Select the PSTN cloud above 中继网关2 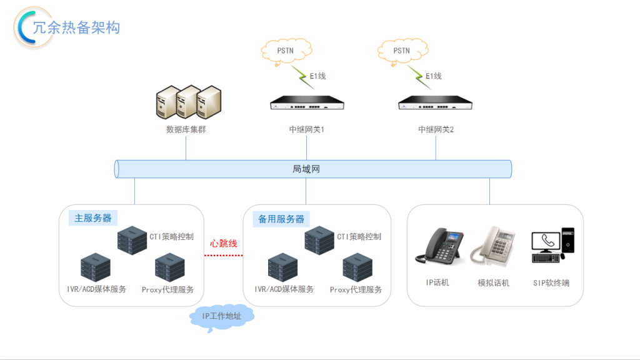point(401,51)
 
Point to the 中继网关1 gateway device point(306,104)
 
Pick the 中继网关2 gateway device point(436,104)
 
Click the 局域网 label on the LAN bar point(306,169)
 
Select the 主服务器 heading point(92,218)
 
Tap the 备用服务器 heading point(281,219)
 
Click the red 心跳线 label point(224,243)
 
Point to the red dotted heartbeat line point(223,255)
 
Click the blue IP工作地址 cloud point(221,316)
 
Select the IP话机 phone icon point(437,248)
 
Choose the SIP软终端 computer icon point(552,246)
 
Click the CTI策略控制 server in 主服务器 point(132,239)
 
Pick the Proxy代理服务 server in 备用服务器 point(357,267)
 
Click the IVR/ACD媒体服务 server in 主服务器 point(96,267)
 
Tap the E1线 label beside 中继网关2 point(434,76)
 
